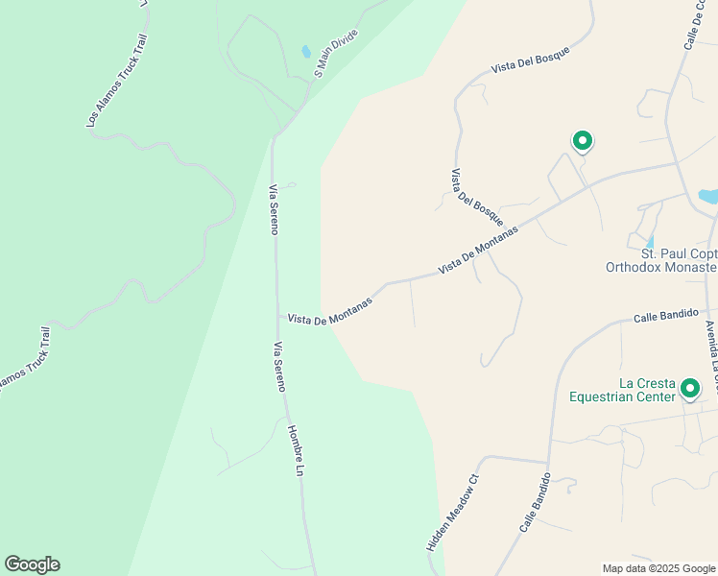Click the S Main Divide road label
pos(336,53)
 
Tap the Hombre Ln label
pos(296,451)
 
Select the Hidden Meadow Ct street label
pos(451,513)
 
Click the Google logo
pos(32,564)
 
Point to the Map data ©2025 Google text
pos(658,568)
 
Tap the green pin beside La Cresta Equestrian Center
pos(689,389)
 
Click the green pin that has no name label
pos(582,141)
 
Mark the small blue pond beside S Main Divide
pos(306,51)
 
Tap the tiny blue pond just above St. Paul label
pos(650,240)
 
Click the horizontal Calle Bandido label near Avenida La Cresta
pos(664,316)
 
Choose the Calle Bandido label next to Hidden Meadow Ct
pos(535,503)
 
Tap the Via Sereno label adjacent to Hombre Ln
pos(278,367)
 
